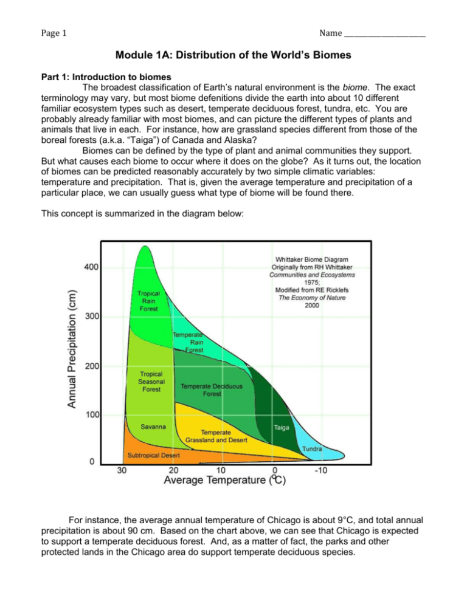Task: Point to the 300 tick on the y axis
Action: point(92,317)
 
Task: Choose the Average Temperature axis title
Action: point(225,481)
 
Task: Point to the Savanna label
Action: point(155,427)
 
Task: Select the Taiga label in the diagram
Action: point(282,428)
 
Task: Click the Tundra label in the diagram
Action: point(313,448)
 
